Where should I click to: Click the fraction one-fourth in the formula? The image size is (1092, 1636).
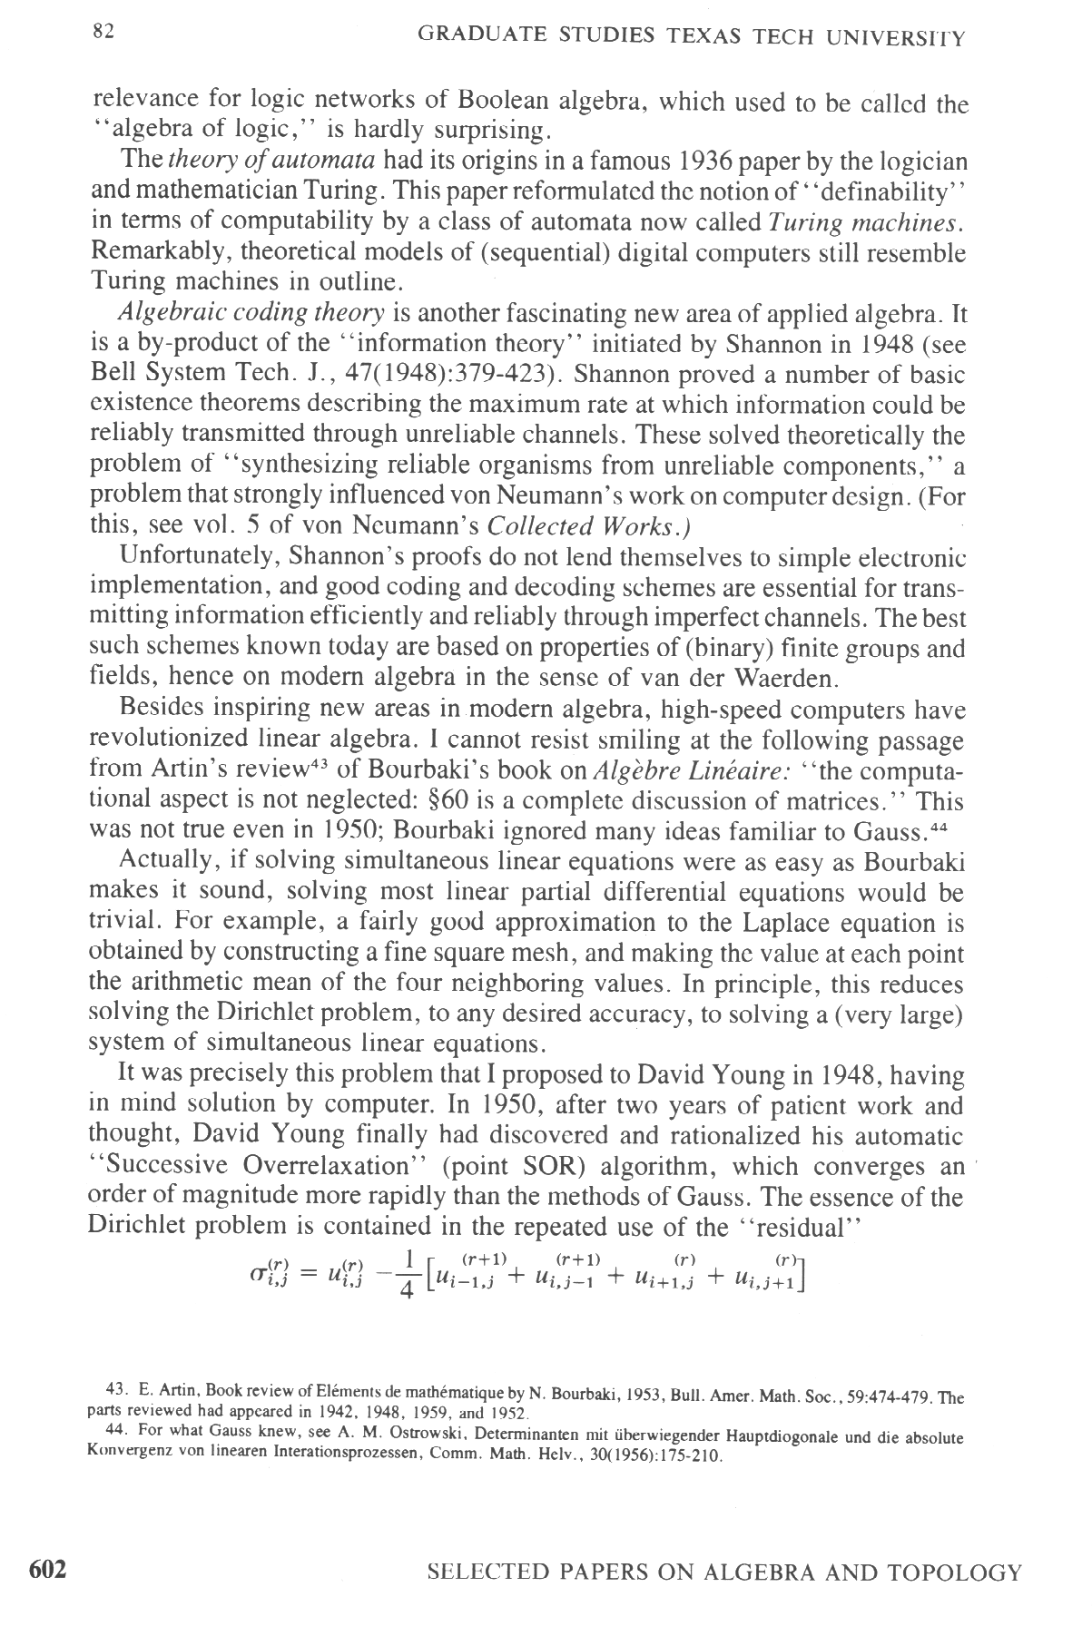(x=406, y=1276)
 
